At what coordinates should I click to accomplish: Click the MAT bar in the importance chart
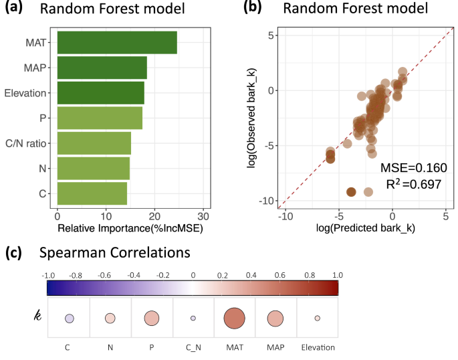(x=117, y=42)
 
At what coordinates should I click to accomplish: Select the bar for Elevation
(x=100, y=92)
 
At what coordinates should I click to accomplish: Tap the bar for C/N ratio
(x=94, y=143)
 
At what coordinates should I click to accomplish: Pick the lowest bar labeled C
(x=92, y=193)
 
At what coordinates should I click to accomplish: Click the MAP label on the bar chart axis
(x=35, y=68)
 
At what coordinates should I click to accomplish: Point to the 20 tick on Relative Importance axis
(x=154, y=217)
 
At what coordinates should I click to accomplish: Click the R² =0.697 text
(x=413, y=183)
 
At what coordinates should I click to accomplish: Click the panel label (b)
(x=253, y=8)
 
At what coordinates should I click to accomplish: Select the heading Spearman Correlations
(x=114, y=253)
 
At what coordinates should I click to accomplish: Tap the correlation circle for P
(x=151, y=319)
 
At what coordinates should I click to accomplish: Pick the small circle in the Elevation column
(x=318, y=319)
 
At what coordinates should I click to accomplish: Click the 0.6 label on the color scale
(x=280, y=275)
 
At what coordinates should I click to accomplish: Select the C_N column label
(x=193, y=347)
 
